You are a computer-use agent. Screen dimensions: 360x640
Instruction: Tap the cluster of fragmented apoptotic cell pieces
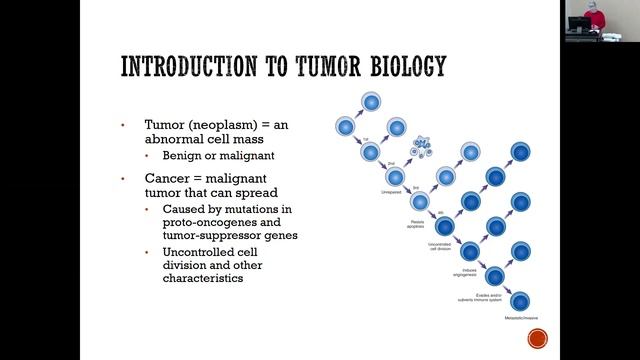tap(422, 149)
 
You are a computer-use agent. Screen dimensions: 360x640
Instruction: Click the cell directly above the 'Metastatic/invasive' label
tap(519, 300)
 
